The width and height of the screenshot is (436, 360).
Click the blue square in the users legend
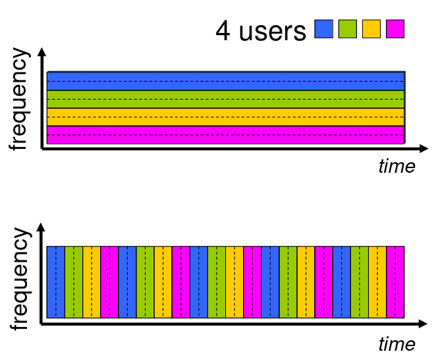(x=324, y=29)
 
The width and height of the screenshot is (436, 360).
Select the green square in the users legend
(x=347, y=29)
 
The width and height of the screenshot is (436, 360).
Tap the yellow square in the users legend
(x=371, y=29)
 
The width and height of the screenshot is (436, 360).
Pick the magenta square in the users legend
(x=395, y=29)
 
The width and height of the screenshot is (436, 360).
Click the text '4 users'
(x=261, y=30)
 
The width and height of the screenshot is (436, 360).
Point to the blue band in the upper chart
(x=225, y=80)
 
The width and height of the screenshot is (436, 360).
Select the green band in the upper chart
(x=225, y=99)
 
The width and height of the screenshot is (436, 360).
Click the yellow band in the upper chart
(x=225, y=117)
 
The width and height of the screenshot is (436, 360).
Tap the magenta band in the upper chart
(x=225, y=135)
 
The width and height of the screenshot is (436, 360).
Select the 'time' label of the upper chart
(x=396, y=166)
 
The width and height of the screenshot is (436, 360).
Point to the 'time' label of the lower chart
(x=396, y=344)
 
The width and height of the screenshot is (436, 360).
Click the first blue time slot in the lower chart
(x=56, y=282)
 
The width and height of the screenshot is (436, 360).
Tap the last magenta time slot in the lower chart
(x=395, y=282)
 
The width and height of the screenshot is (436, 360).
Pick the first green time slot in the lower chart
(x=74, y=282)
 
